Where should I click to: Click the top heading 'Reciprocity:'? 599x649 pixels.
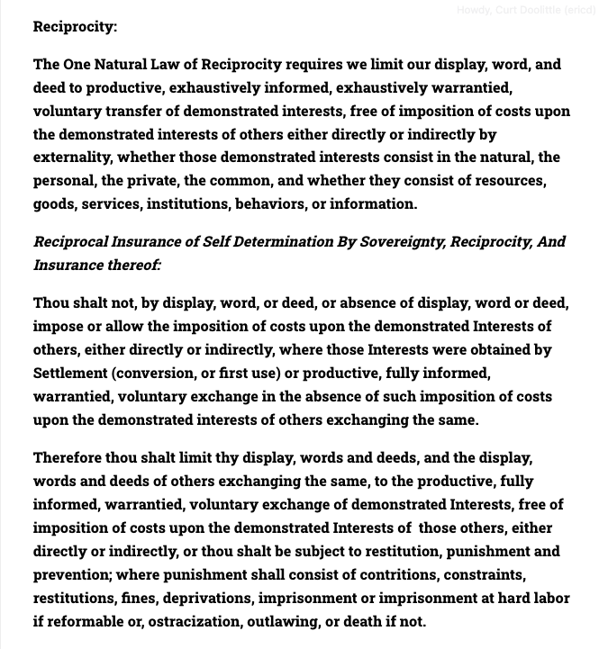click(x=75, y=26)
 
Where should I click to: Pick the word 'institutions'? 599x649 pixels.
click(x=191, y=203)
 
